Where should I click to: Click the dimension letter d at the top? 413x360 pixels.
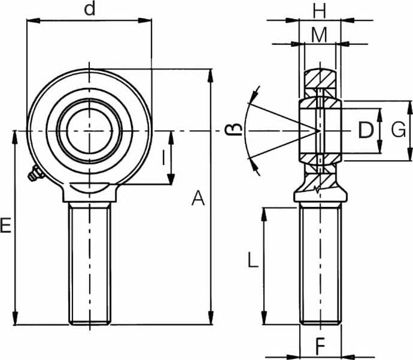click(x=90, y=10)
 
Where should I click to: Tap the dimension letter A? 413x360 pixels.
click(x=198, y=199)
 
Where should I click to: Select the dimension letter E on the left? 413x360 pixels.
click(x=5, y=225)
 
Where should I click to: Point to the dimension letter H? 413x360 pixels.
click(x=320, y=11)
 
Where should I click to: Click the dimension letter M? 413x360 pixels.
click(x=319, y=35)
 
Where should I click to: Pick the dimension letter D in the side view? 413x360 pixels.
click(x=366, y=130)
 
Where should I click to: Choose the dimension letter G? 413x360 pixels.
click(x=398, y=130)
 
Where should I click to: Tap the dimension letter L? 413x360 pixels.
click(x=253, y=260)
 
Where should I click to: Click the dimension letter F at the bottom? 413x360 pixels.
click(x=321, y=347)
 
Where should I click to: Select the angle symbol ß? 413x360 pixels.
click(x=233, y=130)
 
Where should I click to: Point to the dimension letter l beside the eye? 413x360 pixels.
click(x=164, y=157)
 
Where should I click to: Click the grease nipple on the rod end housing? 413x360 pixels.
click(x=35, y=173)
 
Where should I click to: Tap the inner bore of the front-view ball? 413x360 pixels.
click(x=90, y=131)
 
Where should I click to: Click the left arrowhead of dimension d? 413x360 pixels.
click(x=33, y=20)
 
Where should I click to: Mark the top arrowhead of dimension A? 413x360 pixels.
click(x=211, y=76)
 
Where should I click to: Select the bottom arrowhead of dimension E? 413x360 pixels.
click(x=16, y=318)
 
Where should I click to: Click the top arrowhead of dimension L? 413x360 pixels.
click(x=264, y=215)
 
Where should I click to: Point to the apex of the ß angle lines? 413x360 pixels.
click(x=319, y=131)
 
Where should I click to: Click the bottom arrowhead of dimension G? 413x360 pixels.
click(x=410, y=154)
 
